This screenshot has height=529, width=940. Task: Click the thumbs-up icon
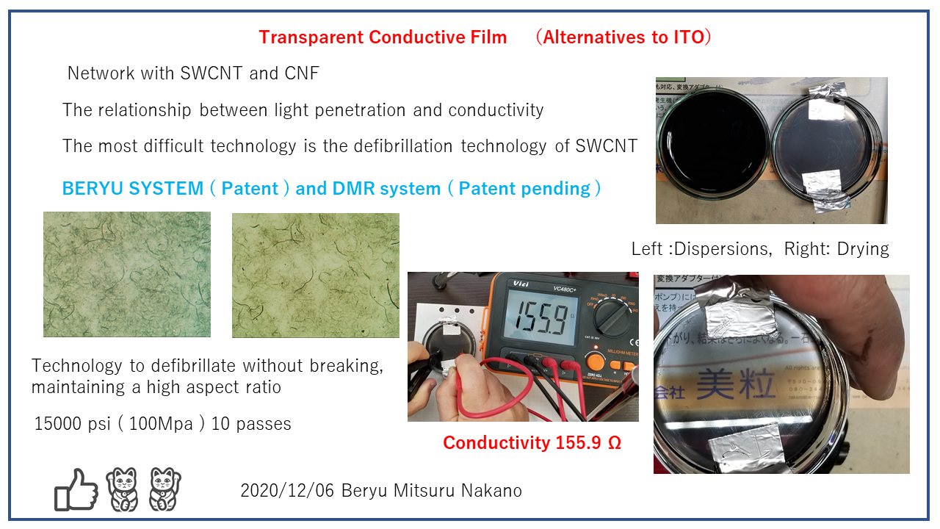pyautogui.click(x=76, y=490)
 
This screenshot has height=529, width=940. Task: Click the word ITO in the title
pyautogui.click(x=689, y=37)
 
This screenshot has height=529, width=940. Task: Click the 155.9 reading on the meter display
pyautogui.click(x=522, y=318)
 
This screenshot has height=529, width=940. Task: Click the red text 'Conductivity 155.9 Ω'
pyautogui.click(x=532, y=443)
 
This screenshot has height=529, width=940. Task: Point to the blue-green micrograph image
pyautogui.click(x=127, y=274)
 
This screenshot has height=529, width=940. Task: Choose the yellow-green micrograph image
pyautogui.click(x=316, y=276)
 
